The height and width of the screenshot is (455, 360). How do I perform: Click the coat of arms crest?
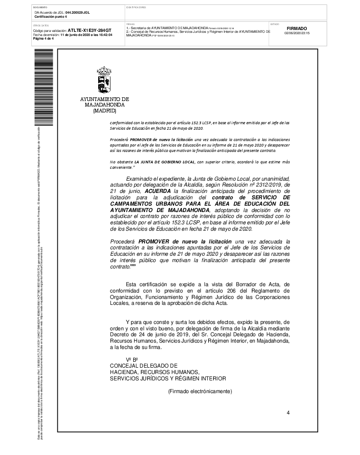tap(104, 81)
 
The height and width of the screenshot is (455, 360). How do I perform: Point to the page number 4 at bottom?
tap(288, 412)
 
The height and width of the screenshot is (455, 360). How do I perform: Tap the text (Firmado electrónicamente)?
tap(200, 391)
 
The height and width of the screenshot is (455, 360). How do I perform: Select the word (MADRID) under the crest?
tap(105, 111)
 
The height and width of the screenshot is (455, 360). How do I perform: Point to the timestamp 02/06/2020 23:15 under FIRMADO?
tap(297, 33)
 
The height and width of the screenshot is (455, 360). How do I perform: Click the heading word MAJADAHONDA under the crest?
tap(105, 105)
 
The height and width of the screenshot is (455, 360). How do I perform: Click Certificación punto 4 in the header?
tap(51, 16)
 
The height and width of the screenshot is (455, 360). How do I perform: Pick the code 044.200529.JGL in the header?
tap(77, 13)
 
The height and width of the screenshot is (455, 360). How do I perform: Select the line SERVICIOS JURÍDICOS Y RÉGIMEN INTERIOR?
tap(168, 378)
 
